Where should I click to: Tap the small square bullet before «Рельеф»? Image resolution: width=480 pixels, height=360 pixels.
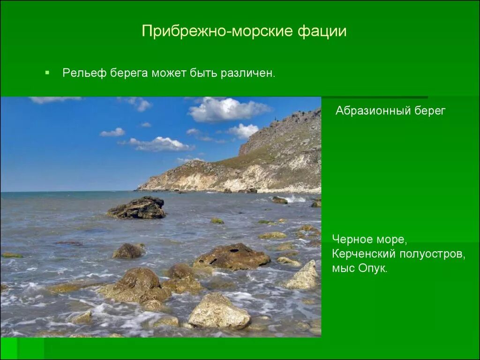click(x=47, y=73)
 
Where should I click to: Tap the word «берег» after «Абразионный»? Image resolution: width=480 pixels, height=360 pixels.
click(x=430, y=111)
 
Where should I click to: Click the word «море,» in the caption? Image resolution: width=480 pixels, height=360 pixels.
click(x=391, y=239)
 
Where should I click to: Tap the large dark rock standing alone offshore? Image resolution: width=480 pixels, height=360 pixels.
click(x=137, y=208)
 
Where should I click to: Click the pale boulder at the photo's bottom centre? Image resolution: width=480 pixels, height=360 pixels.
click(x=218, y=311)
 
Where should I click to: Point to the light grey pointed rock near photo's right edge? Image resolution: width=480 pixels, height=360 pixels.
click(x=304, y=276)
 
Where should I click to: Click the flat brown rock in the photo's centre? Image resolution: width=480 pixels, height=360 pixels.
click(x=232, y=256)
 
